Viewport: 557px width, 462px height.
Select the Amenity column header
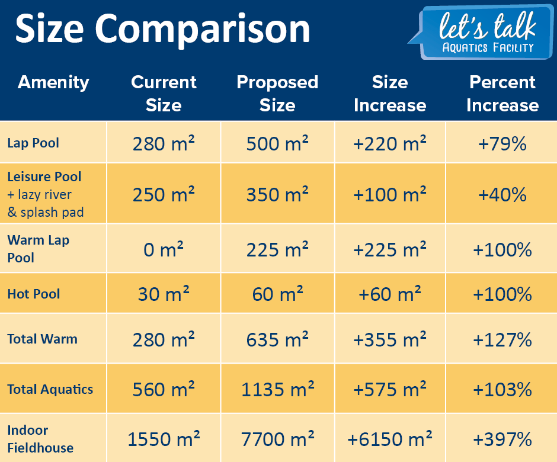point(53,82)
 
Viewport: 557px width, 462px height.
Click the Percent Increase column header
point(502,94)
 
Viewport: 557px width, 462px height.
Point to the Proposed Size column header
point(277,94)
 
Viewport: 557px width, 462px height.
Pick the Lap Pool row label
point(33,143)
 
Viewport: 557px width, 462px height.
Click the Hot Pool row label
point(34,294)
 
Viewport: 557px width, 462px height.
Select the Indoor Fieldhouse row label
point(40,439)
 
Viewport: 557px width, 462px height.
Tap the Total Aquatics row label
point(50,389)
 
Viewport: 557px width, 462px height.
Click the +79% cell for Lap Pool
point(502,143)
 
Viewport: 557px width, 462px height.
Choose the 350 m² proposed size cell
point(277,194)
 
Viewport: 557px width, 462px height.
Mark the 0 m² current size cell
point(164,250)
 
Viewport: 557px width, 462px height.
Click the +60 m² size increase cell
point(390,294)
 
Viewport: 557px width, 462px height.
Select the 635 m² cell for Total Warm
point(277,339)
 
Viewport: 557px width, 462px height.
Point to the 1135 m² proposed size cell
point(277,390)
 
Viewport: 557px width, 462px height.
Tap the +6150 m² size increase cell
point(390,439)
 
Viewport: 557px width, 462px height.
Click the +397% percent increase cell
point(502,439)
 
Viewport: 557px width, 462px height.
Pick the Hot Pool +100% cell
point(502,294)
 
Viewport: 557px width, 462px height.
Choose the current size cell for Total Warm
point(164,339)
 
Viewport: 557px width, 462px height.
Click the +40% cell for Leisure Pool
point(502,194)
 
